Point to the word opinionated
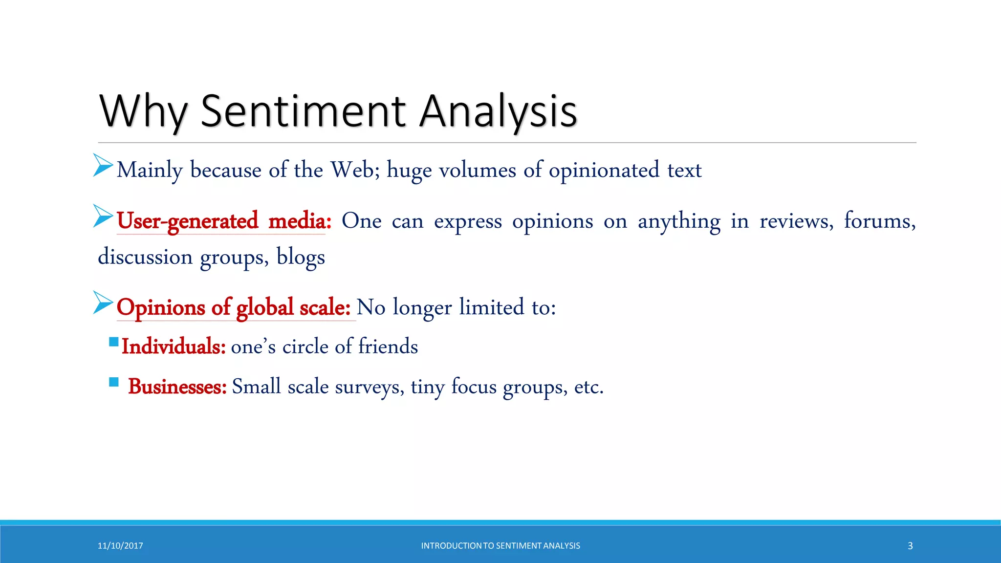[604, 171]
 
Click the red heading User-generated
[187, 221]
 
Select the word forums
[879, 221]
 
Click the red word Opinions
[161, 307]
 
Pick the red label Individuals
[174, 346]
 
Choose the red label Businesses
[177, 387]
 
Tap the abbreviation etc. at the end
[588, 387]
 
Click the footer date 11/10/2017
[120, 546]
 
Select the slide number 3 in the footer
[910, 546]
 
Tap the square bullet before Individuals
[114, 342]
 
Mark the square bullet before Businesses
[114, 382]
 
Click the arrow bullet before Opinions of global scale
[103, 303]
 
